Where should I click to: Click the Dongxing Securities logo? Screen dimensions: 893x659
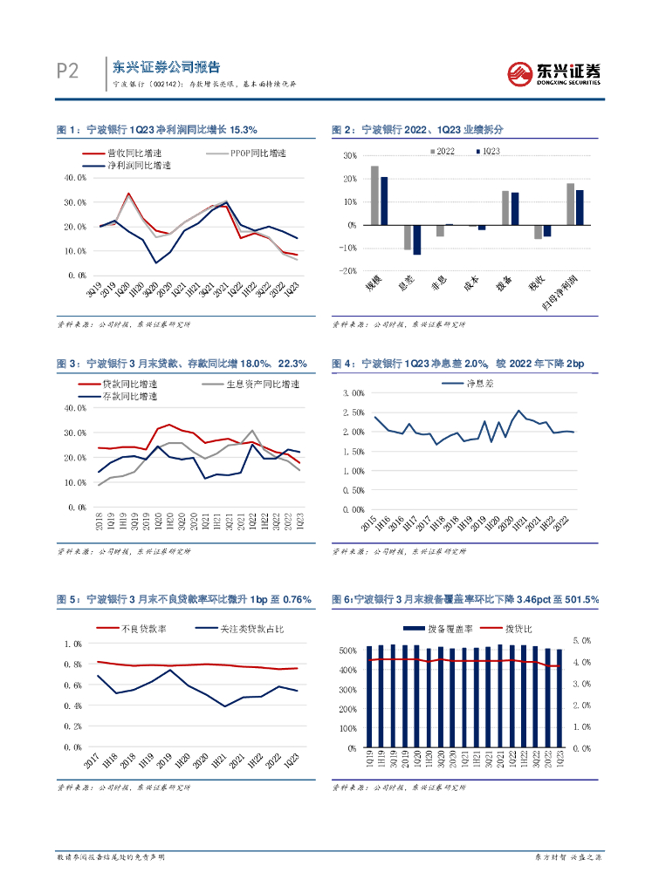click(x=555, y=72)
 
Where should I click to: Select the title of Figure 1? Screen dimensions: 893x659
click(x=156, y=129)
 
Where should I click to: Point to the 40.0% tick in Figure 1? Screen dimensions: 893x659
click(x=75, y=177)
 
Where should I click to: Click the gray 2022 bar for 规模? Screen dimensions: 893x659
click(x=374, y=195)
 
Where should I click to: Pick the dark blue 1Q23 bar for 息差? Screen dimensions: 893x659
click(x=416, y=240)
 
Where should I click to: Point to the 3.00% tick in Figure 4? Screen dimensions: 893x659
click(x=351, y=392)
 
